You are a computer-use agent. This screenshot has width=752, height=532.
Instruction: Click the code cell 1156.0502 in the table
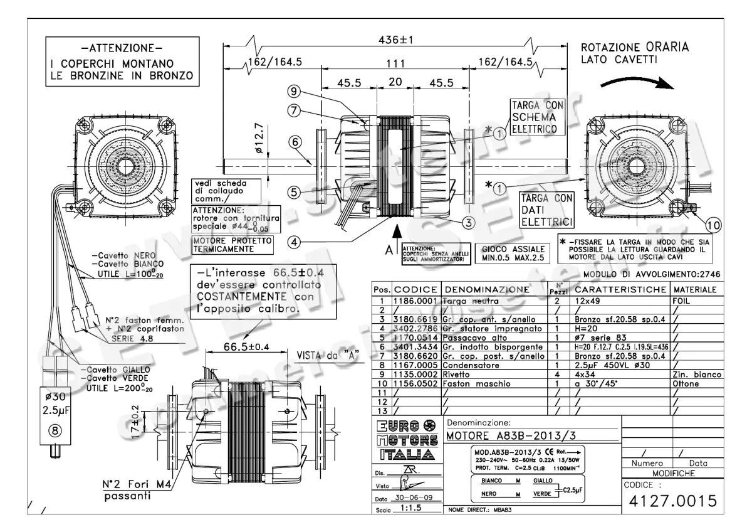(x=416, y=382)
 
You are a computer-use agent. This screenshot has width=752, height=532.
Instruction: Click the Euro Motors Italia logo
(x=405, y=440)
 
